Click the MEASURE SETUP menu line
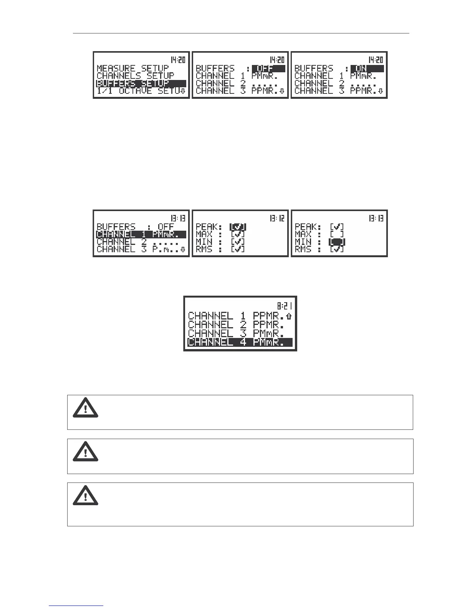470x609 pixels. [x=132, y=68]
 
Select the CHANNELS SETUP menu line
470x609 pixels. [x=135, y=76]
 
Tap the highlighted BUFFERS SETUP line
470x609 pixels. [x=141, y=83]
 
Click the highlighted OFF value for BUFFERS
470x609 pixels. [x=268, y=69]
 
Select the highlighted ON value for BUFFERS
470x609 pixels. [x=367, y=69]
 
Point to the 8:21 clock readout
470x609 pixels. [x=285, y=306]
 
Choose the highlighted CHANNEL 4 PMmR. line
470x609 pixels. [x=240, y=342]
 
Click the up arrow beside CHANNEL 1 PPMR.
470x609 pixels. [x=289, y=316]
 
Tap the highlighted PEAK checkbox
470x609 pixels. [x=238, y=227]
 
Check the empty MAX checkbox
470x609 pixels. [x=337, y=235]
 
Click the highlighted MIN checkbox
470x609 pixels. [x=337, y=242]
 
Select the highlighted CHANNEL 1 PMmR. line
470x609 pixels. [x=141, y=235]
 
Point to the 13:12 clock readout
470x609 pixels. [x=277, y=218]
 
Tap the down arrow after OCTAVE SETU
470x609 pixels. [x=183, y=91]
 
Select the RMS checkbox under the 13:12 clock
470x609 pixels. [x=238, y=249]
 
